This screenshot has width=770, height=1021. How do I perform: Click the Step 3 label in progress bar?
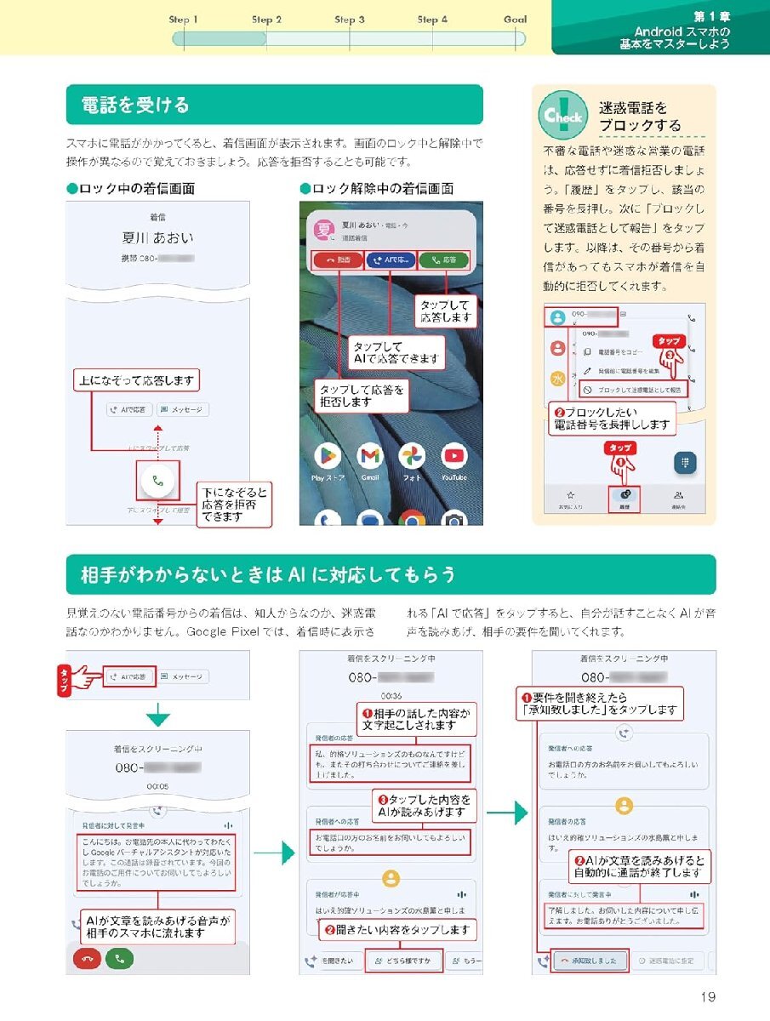point(350,20)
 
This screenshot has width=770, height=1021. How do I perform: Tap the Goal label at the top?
point(515,20)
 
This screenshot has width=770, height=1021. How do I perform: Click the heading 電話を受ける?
point(135,106)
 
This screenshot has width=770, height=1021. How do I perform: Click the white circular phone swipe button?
point(157,481)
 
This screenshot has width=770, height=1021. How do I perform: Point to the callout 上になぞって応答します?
point(136,380)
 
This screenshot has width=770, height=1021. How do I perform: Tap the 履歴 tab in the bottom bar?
point(625,499)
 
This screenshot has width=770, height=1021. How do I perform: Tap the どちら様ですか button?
point(404,961)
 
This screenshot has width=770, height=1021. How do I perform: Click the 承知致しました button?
point(589,961)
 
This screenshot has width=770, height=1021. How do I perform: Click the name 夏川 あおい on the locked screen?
point(157,238)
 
